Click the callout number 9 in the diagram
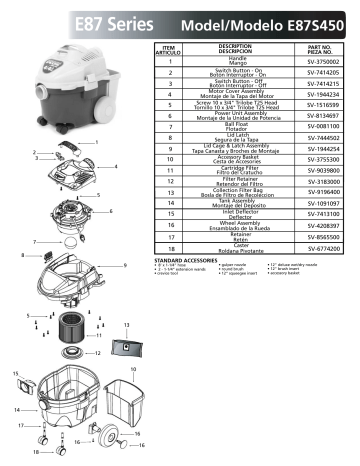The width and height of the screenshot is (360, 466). [126, 265]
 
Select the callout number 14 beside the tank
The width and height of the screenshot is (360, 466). [18, 410]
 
